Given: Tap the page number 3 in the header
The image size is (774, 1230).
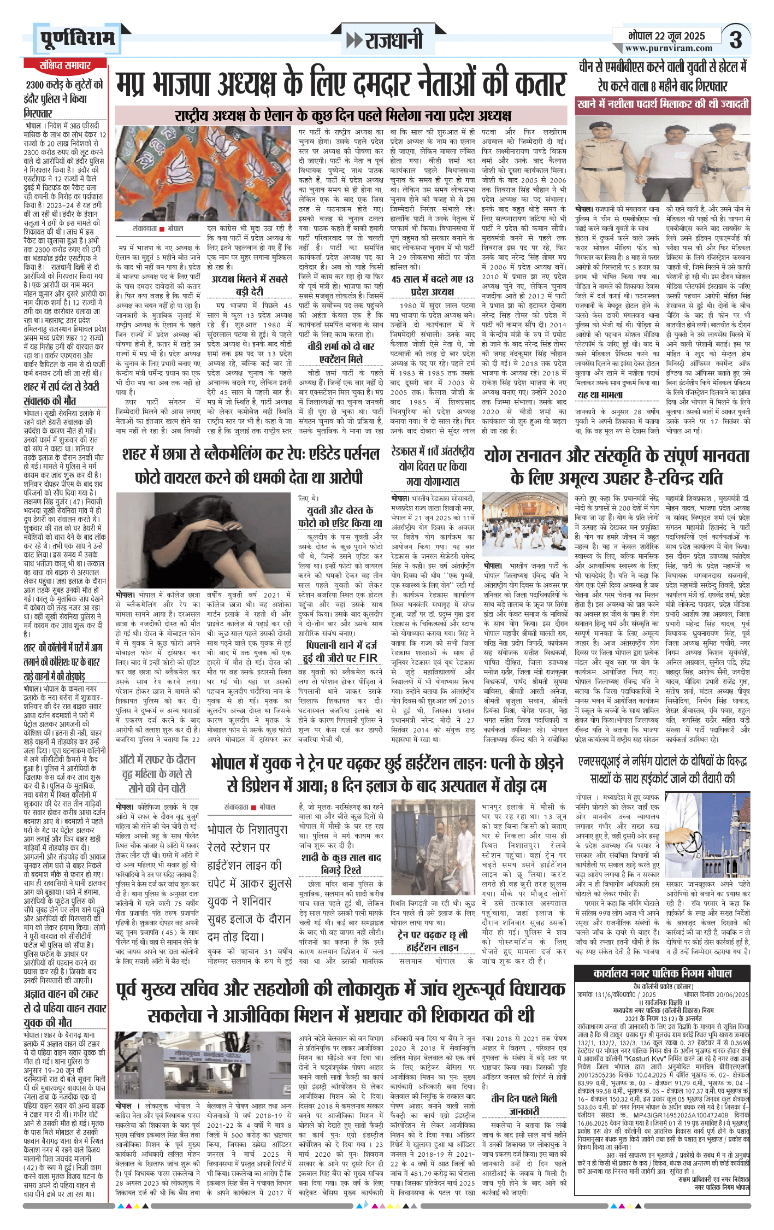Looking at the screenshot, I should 736,40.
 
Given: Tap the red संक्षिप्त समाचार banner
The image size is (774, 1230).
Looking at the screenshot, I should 65,66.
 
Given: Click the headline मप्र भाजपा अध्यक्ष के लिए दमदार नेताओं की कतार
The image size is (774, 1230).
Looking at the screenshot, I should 341,85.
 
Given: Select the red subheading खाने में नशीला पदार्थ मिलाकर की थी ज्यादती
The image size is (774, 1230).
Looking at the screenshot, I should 663,104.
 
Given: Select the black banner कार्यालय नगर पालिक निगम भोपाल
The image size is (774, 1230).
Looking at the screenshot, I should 662,973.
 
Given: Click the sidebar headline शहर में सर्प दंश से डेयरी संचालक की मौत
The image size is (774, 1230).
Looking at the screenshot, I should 61,393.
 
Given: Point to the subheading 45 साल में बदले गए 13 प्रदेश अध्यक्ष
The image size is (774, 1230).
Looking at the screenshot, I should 432,285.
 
